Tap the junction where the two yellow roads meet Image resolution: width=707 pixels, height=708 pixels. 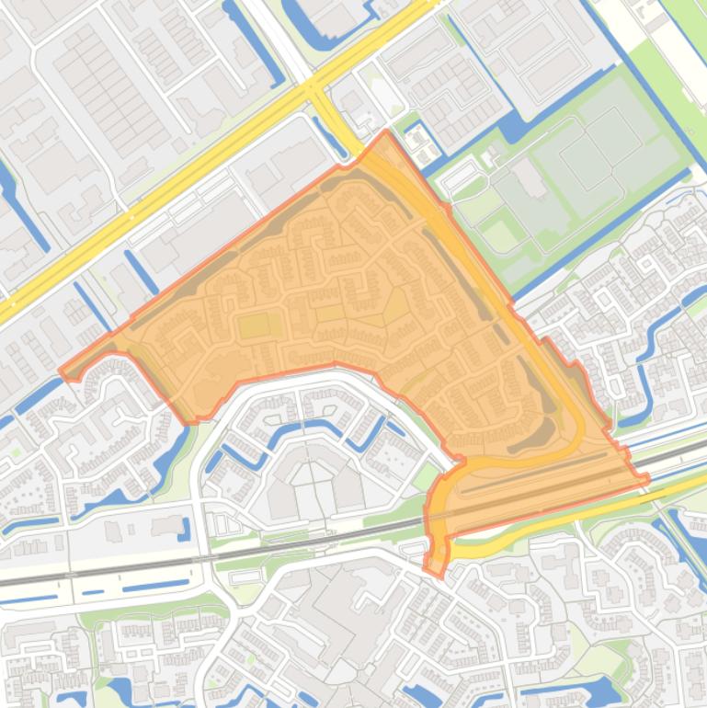(x=315, y=89)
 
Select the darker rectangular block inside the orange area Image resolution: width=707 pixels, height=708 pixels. (x=256, y=325)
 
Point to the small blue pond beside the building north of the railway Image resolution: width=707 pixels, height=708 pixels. (x=184, y=530)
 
